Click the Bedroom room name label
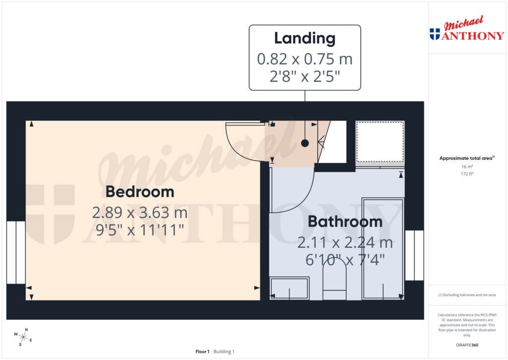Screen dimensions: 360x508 click(x=139, y=192)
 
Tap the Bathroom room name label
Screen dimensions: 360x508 click(x=345, y=221)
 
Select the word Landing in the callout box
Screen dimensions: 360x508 click(x=305, y=38)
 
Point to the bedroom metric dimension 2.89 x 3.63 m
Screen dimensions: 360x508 click(x=139, y=213)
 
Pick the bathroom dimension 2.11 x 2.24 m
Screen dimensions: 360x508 click(x=345, y=243)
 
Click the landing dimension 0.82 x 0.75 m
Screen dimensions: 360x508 click(x=305, y=59)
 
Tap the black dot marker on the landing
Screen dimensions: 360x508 click(x=305, y=143)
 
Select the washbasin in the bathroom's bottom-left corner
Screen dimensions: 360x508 click(x=289, y=288)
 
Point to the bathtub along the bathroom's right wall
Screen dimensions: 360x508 click(x=383, y=248)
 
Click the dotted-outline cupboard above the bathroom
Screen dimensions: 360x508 click(x=381, y=142)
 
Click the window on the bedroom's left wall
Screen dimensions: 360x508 click(x=16, y=252)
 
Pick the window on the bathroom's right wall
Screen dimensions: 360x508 click(x=414, y=255)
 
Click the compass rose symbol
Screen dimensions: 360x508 click(x=23, y=337)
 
